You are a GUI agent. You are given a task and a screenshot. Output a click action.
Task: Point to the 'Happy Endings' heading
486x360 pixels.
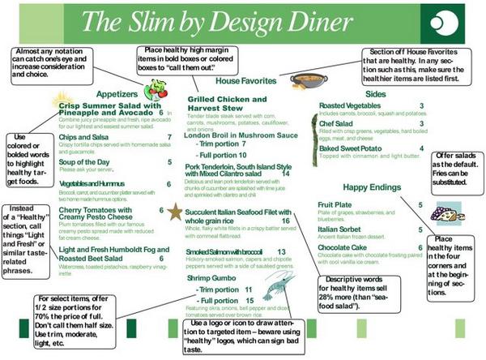[x=384, y=188]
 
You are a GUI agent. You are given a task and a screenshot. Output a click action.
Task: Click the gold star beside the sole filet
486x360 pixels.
[x=175, y=212]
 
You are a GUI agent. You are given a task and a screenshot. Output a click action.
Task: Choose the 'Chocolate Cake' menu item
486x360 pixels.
[x=346, y=248]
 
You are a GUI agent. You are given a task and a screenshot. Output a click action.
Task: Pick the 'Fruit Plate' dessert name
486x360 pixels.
[x=334, y=205]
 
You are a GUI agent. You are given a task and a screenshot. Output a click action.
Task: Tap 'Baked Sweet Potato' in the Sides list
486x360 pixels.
[x=351, y=148]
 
